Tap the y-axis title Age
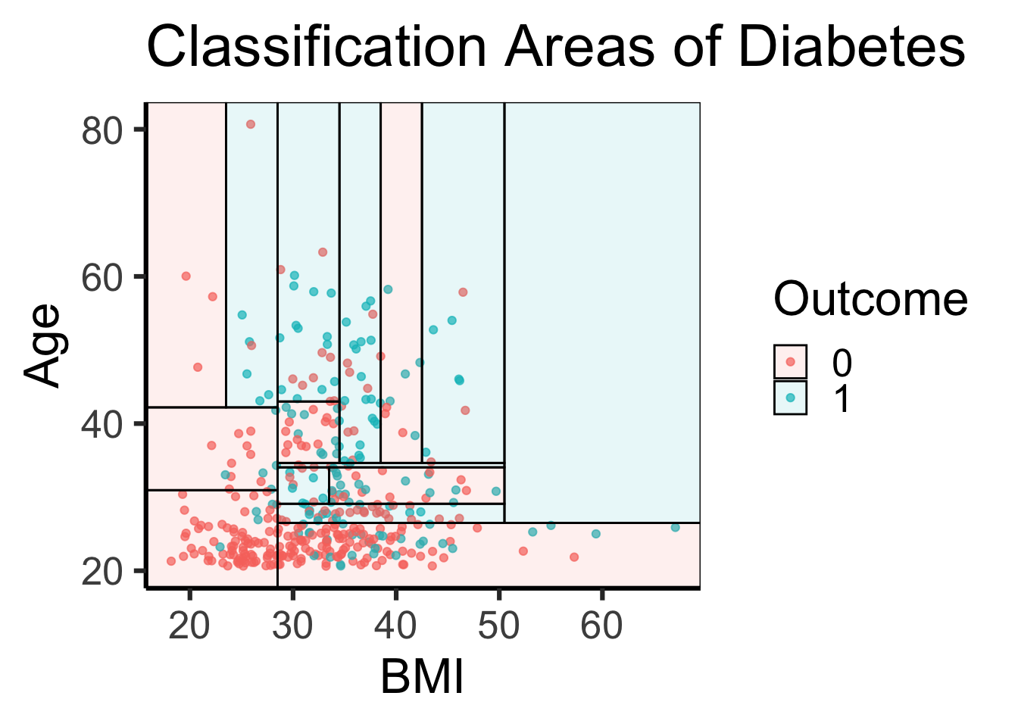click(42, 345)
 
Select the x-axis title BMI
click(422, 676)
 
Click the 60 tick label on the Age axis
click(102, 277)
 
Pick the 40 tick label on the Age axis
click(102, 424)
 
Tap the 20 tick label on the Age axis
click(102, 572)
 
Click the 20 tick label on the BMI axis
click(189, 626)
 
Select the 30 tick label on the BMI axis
click(292, 626)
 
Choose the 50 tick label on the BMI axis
click(498, 626)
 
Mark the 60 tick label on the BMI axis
click(601, 626)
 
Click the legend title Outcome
click(870, 299)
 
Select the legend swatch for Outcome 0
click(791, 362)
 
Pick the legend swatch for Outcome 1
click(791, 398)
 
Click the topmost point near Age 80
click(251, 124)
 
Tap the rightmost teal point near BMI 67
click(675, 527)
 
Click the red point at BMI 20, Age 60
click(186, 276)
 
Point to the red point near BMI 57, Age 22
click(574, 557)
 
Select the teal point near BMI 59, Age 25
click(595, 534)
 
